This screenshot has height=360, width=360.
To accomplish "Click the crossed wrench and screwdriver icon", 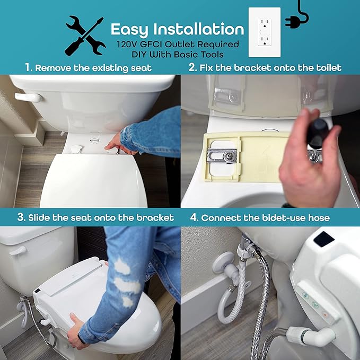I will [x=84, y=35].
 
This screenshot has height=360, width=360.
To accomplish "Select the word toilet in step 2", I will [x=328, y=67].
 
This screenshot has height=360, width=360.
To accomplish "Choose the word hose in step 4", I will [x=318, y=217].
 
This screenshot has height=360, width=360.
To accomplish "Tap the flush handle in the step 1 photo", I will [x=27, y=98].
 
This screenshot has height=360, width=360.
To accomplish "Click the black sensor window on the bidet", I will [x=323, y=239].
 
